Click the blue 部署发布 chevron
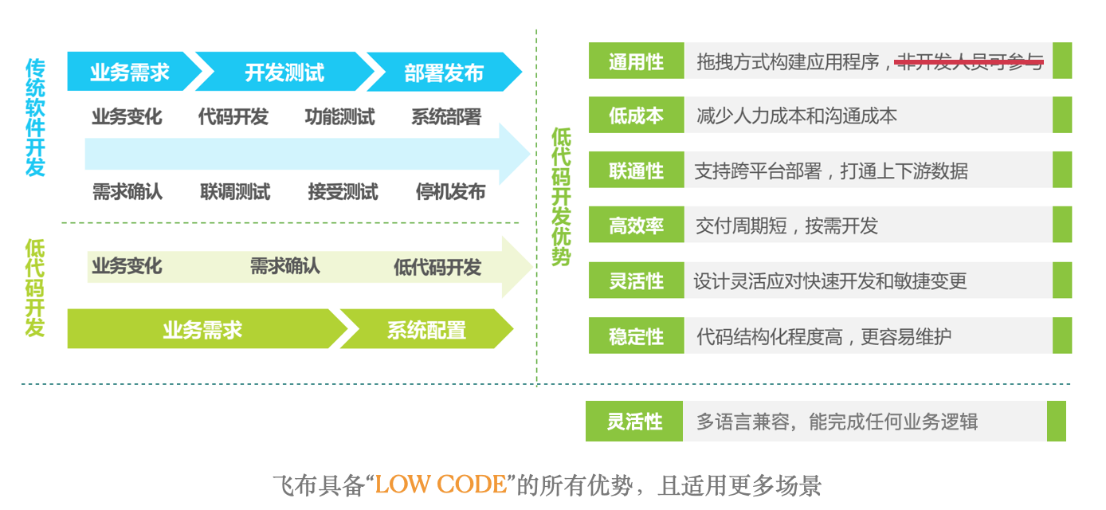(x=443, y=73)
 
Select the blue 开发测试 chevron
(x=284, y=73)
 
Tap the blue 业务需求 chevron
(x=130, y=73)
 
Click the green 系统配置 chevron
(x=426, y=329)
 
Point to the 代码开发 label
(x=233, y=117)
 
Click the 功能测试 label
(x=339, y=117)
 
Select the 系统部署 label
(x=446, y=117)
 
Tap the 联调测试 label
(x=235, y=191)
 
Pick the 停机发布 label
(x=450, y=191)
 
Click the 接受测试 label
(x=343, y=191)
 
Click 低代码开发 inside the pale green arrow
(x=437, y=267)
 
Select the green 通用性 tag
(x=636, y=61)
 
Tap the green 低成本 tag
(x=636, y=116)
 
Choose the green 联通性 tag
(x=636, y=171)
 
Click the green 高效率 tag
(x=636, y=226)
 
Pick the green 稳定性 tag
(x=636, y=336)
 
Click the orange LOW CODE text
(x=441, y=484)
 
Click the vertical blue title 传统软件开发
(x=35, y=117)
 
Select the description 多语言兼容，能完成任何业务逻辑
(x=837, y=422)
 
